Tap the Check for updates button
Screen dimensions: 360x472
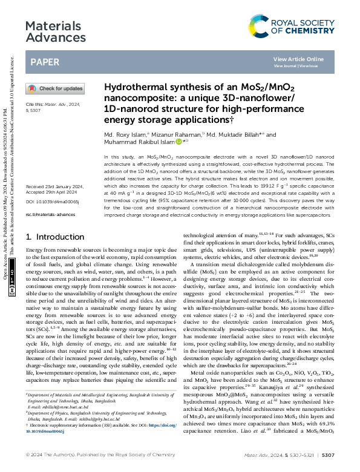point(54,88)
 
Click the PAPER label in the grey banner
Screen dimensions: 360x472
point(44,62)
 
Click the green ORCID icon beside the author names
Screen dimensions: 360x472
point(178,142)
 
